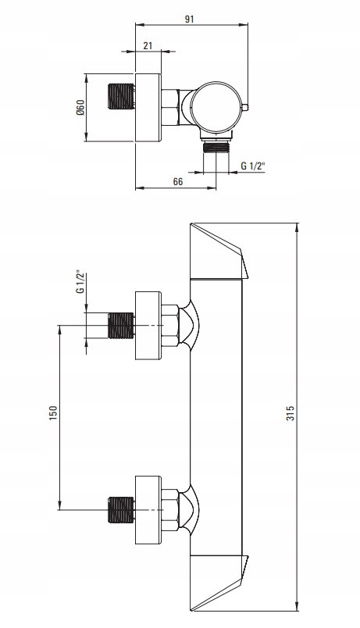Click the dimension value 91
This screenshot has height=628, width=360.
coord(190,19)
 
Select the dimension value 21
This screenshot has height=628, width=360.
coord(148,45)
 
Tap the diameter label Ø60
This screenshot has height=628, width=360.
coord(80,107)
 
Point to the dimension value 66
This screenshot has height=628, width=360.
coord(178,181)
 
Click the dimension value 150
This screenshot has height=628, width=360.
coord(53,413)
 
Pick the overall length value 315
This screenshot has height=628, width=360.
coord(290,413)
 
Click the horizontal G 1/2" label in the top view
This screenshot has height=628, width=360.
coord(253,166)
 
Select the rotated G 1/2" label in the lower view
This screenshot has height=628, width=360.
coord(80,283)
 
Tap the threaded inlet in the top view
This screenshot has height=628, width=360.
coord(121,96)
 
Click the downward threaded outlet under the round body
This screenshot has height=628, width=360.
coord(216,147)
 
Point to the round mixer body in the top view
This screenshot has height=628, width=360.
coord(216,107)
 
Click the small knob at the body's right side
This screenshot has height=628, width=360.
coord(245,107)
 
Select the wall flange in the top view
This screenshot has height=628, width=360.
coord(148,107)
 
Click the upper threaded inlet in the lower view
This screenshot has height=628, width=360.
coord(121,326)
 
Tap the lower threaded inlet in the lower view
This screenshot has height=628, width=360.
coord(121,510)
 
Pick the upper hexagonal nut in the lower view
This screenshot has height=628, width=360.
coord(170,326)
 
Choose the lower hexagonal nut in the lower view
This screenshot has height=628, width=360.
coord(170,510)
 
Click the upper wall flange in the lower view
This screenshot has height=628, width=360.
coord(148,326)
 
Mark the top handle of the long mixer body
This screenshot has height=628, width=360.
coord(219,251)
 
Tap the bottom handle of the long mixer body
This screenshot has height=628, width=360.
coord(219,583)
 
